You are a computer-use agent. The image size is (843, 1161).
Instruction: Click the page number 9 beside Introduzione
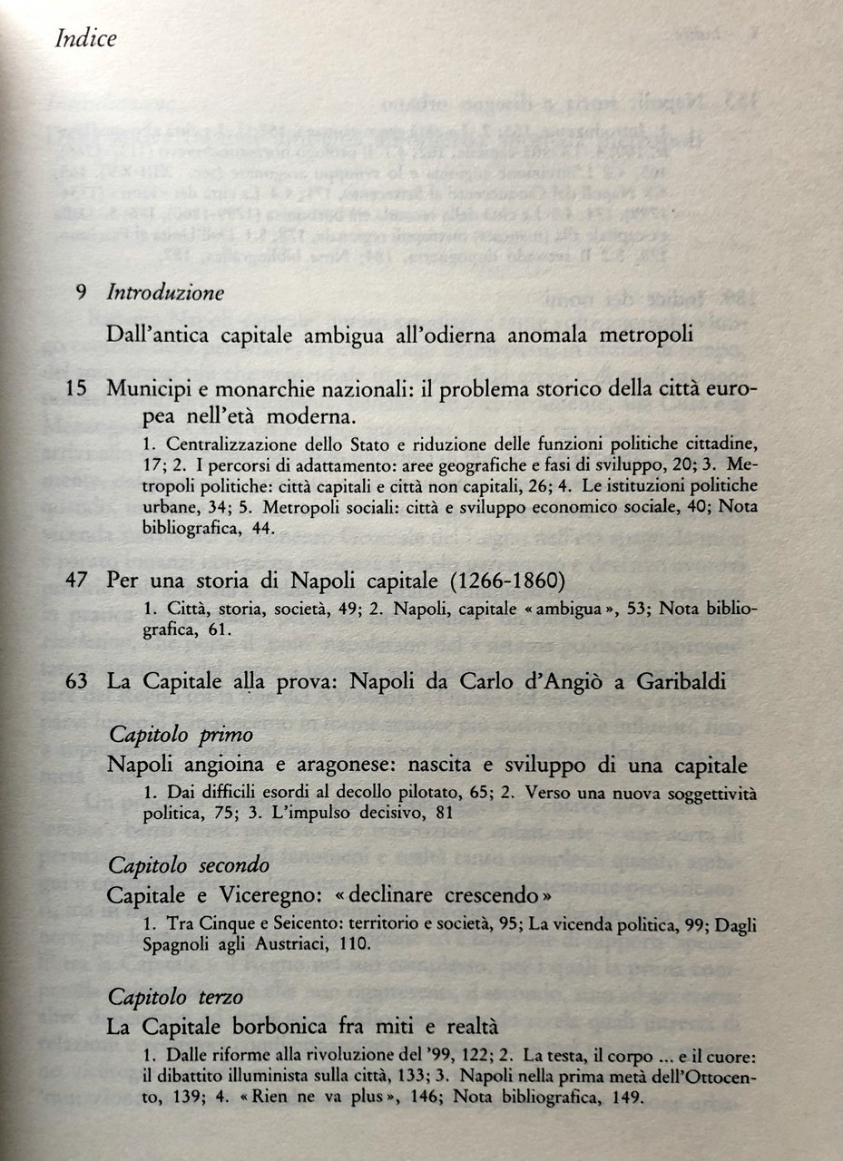[81, 294]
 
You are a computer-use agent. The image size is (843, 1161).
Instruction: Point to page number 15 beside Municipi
[76, 388]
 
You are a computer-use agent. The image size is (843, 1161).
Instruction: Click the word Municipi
[151, 388]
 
